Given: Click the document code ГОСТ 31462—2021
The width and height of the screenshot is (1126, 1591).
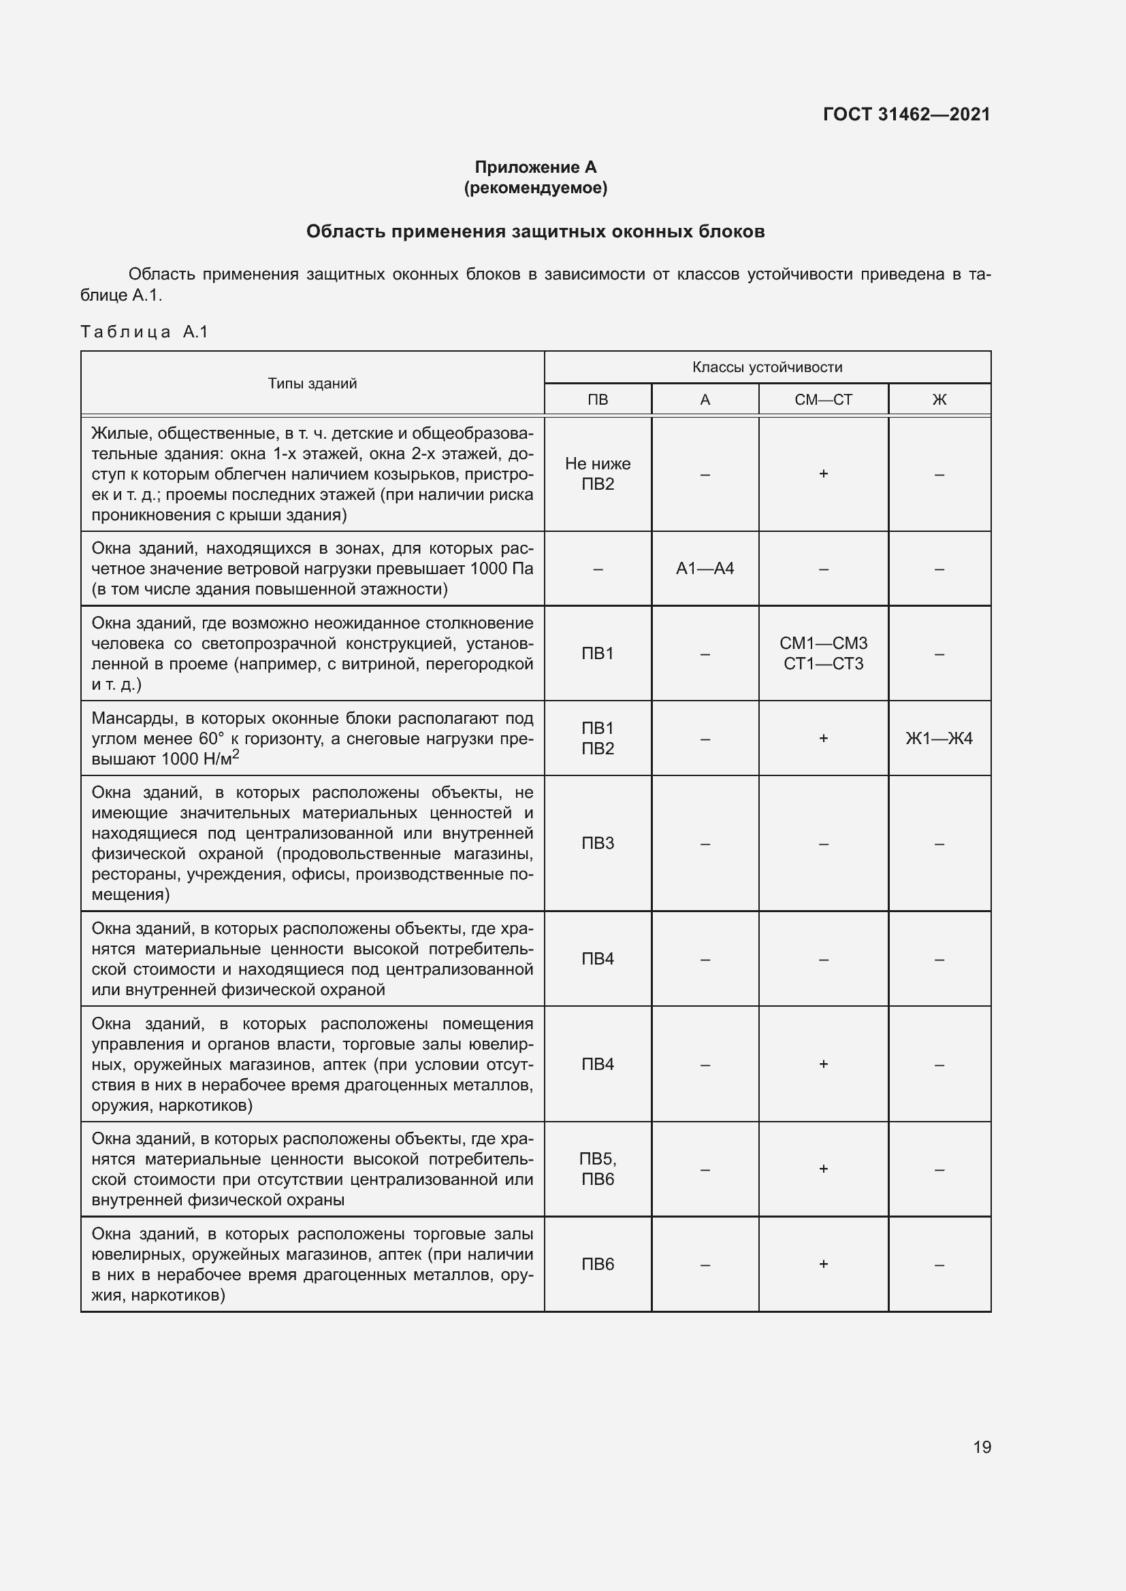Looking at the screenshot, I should coord(906,114).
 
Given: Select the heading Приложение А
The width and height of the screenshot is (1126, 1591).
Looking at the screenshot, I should coord(535,167).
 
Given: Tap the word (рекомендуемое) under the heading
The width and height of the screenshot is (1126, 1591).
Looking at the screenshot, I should coord(535,188).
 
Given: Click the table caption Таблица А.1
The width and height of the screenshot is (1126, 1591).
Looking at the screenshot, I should coord(144,332).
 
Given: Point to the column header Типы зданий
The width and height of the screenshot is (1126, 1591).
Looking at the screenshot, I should coord(312,383).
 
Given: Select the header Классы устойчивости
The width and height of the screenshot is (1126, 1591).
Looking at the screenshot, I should coord(767,367).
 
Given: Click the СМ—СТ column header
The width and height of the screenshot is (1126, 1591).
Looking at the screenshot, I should coord(823,400).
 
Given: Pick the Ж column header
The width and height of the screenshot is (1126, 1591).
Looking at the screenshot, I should coord(939,400).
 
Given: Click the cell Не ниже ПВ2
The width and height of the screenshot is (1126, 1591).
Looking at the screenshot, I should coord(598,474).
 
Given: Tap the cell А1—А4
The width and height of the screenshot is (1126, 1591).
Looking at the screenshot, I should coord(705,569).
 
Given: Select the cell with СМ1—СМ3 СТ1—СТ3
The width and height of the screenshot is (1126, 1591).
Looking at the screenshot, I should coord(823,654).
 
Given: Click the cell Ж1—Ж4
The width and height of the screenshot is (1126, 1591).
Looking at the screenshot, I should coord(939,739).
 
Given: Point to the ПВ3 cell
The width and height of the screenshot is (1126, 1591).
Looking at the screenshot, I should coord(598,843).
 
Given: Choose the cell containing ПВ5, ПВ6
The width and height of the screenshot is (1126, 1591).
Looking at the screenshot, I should coord(598,1169).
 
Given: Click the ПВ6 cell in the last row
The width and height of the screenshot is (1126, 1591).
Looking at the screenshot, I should coord(598,1265).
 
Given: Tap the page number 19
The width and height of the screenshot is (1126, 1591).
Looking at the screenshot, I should coord(982,1447).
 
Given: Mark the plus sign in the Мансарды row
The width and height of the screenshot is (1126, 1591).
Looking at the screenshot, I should coord(823,739).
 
